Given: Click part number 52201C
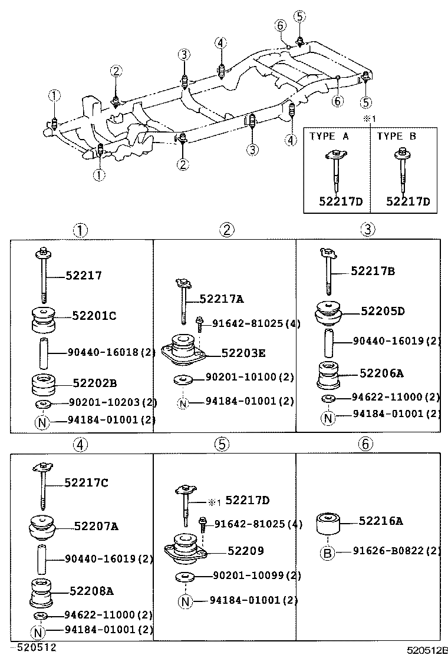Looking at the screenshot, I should coord(94,316).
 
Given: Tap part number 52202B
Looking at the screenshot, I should coord(94,383).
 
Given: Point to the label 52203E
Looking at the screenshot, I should coord(243,353).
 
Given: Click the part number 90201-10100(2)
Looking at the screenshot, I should coord(249,376).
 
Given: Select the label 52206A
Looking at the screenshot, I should coord(383,373).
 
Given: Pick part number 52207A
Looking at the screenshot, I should coord(96,525).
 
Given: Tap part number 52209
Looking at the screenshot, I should coord(246,551).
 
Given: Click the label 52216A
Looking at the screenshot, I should coord(381,521).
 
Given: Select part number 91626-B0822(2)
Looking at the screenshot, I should coord(397,551).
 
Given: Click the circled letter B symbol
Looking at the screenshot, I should coord(328,553).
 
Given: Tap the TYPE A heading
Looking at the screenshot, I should coord(329,136).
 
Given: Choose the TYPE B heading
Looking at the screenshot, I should coord(396,136).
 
